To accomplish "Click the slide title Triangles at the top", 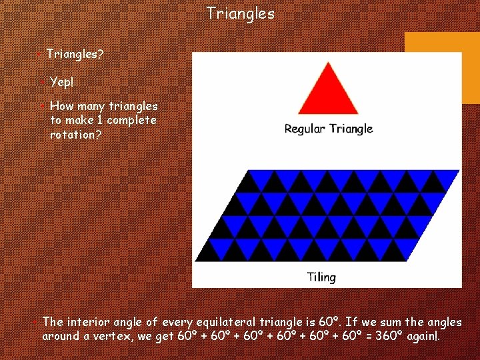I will pyautogui.click(x=240, y=13).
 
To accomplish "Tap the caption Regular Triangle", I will pyautogui.click(x=328, y=129).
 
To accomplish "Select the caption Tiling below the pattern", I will pyautogui.click(x=321, y=277).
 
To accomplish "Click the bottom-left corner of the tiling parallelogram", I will pyautogui.click(x=195, y=260).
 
